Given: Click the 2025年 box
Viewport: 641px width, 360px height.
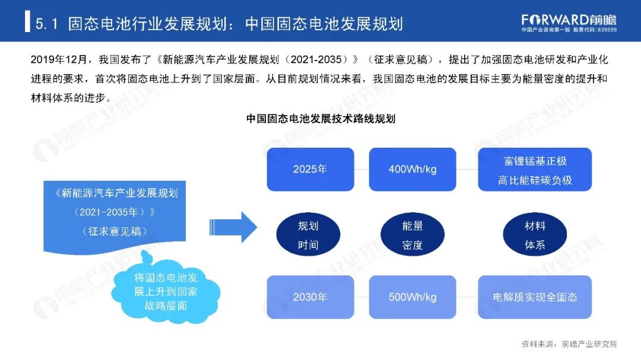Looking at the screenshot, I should pos(310,169).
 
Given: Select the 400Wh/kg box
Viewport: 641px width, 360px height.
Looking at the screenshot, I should pos(412,169).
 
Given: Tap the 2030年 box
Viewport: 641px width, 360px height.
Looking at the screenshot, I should pos(310,297).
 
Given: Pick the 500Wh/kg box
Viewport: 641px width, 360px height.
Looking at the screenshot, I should pos(412,297).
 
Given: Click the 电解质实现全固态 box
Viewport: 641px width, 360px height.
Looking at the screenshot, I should pos(535,297).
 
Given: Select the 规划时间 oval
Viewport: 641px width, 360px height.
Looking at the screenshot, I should pos(308,235).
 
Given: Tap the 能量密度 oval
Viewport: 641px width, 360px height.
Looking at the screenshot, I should pos(412,235).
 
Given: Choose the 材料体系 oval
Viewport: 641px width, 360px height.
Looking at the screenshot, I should pos(535,235).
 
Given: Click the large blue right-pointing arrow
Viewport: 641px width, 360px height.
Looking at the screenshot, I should pos(233,226).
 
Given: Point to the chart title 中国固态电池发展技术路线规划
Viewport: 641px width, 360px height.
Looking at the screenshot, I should pos(320,119).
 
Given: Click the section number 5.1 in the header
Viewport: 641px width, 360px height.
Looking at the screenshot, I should pos(46,23).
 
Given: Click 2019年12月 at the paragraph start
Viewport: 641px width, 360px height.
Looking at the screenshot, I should pos(58,61).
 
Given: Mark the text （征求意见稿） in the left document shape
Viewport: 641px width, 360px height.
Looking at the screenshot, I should pos(115,231).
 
